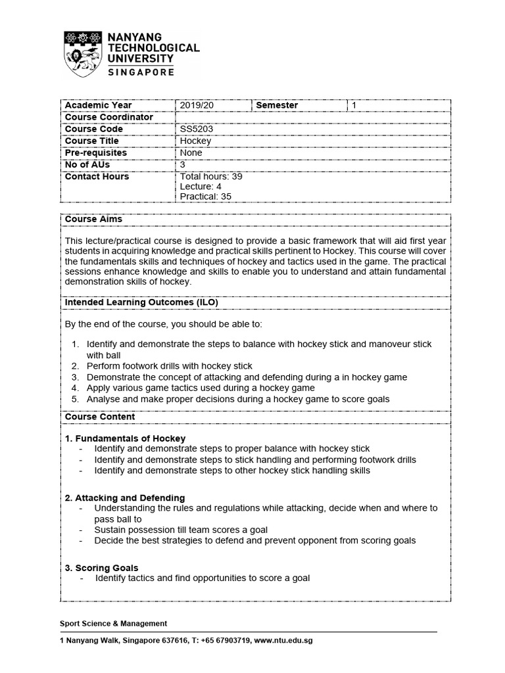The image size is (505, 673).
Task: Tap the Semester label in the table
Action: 276,105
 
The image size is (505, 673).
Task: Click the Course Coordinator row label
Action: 108,117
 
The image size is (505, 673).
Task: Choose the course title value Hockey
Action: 195,141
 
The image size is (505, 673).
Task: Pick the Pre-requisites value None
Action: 191,152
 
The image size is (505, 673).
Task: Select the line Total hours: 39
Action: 211,177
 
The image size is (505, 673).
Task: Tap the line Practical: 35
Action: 205,196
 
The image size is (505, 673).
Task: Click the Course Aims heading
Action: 93,219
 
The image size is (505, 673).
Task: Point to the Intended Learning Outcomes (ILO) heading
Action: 141,302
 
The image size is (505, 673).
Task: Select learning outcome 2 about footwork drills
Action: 169,366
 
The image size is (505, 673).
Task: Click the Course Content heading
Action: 99,417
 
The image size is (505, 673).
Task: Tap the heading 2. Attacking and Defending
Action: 124,498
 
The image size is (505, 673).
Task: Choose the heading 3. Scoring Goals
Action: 101,568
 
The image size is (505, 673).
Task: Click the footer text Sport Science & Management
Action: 113,624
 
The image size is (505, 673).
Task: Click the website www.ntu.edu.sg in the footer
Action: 282,641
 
